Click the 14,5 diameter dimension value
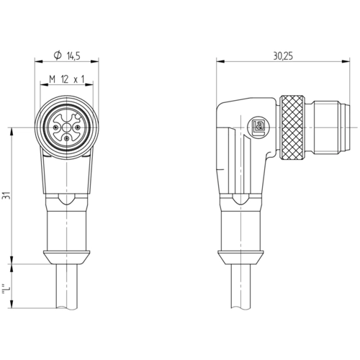point(73,56)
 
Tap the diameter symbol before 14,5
point(58,55)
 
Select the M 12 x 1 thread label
point(67,79)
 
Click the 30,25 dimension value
point(283,56)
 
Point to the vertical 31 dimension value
point(6,196)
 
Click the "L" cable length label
point(6,290)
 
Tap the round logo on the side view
point(258,127)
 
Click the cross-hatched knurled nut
point(292,127)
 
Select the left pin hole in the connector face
point(56,127)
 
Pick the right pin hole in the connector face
point(78,127)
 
